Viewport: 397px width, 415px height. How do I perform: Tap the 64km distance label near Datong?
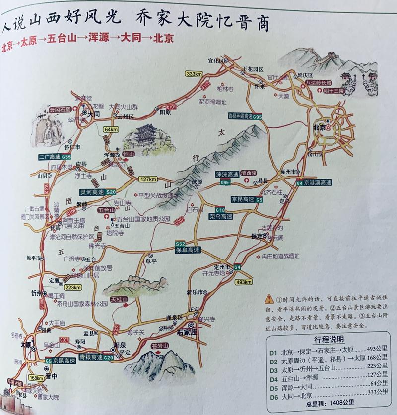(112, 129)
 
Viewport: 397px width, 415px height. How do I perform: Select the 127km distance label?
(149, 179)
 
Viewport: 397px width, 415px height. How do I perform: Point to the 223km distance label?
(72, 287)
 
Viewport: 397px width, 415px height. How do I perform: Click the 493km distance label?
(244, 283)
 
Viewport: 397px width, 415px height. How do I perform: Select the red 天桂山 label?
(119, 300)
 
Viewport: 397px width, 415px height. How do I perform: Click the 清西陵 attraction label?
(250, 174)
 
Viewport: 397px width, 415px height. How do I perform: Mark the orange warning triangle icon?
(269, 299)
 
